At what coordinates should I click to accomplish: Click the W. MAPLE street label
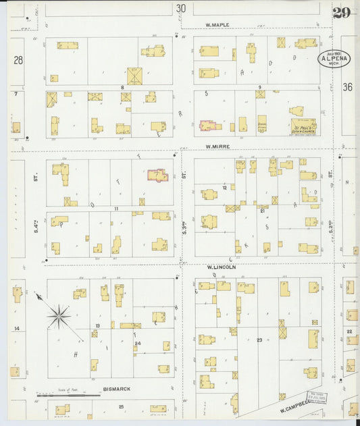tap(217, 25)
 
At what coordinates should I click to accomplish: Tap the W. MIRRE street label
tap(219, 145)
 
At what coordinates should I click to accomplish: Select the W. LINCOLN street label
tap(221, 267)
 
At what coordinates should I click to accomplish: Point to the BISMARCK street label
tap(117, 390)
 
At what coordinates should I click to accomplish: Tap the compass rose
tap(59, 315)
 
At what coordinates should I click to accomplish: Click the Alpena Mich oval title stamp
tap(334, 59)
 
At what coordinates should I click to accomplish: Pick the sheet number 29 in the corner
tap(341, 12)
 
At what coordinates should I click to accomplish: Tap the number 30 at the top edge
tap(180, 8)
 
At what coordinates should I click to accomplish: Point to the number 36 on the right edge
tap(347, 86)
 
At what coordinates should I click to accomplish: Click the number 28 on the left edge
tap(18, 60)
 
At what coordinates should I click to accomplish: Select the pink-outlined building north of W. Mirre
tap(209, 126)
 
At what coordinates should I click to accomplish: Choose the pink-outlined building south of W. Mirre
tap(159, 176)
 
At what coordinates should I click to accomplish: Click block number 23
tap(259, 340)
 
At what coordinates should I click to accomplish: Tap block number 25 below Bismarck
tap(121, 406)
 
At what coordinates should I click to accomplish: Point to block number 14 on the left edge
tap(16, 328)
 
